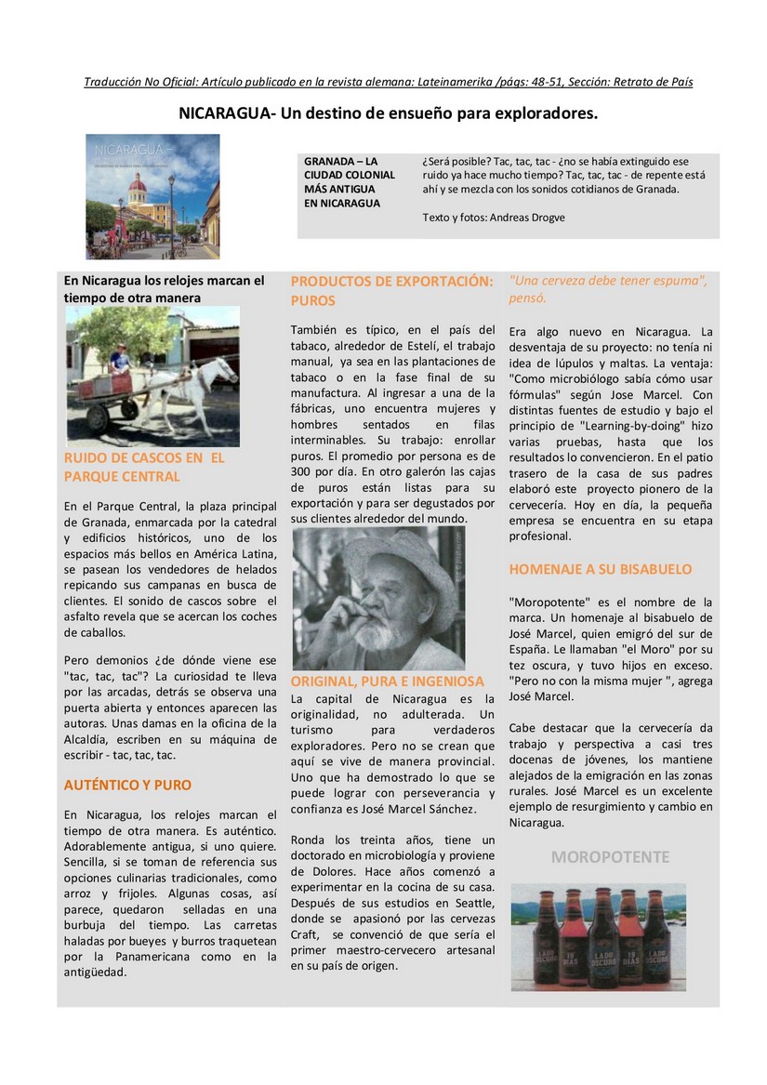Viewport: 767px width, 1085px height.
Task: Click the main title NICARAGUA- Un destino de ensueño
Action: tap(388, 113)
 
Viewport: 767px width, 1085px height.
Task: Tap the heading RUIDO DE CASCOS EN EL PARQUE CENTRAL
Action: tap(144, 467)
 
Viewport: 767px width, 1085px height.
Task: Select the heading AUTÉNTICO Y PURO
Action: tap(127, 785)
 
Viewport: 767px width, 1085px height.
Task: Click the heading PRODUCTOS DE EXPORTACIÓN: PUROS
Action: tap(391, 290)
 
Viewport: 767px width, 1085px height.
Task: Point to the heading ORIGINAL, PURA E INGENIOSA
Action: tap(388, 681)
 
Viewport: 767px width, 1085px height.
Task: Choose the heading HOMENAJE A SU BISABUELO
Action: tap(600, 569)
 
